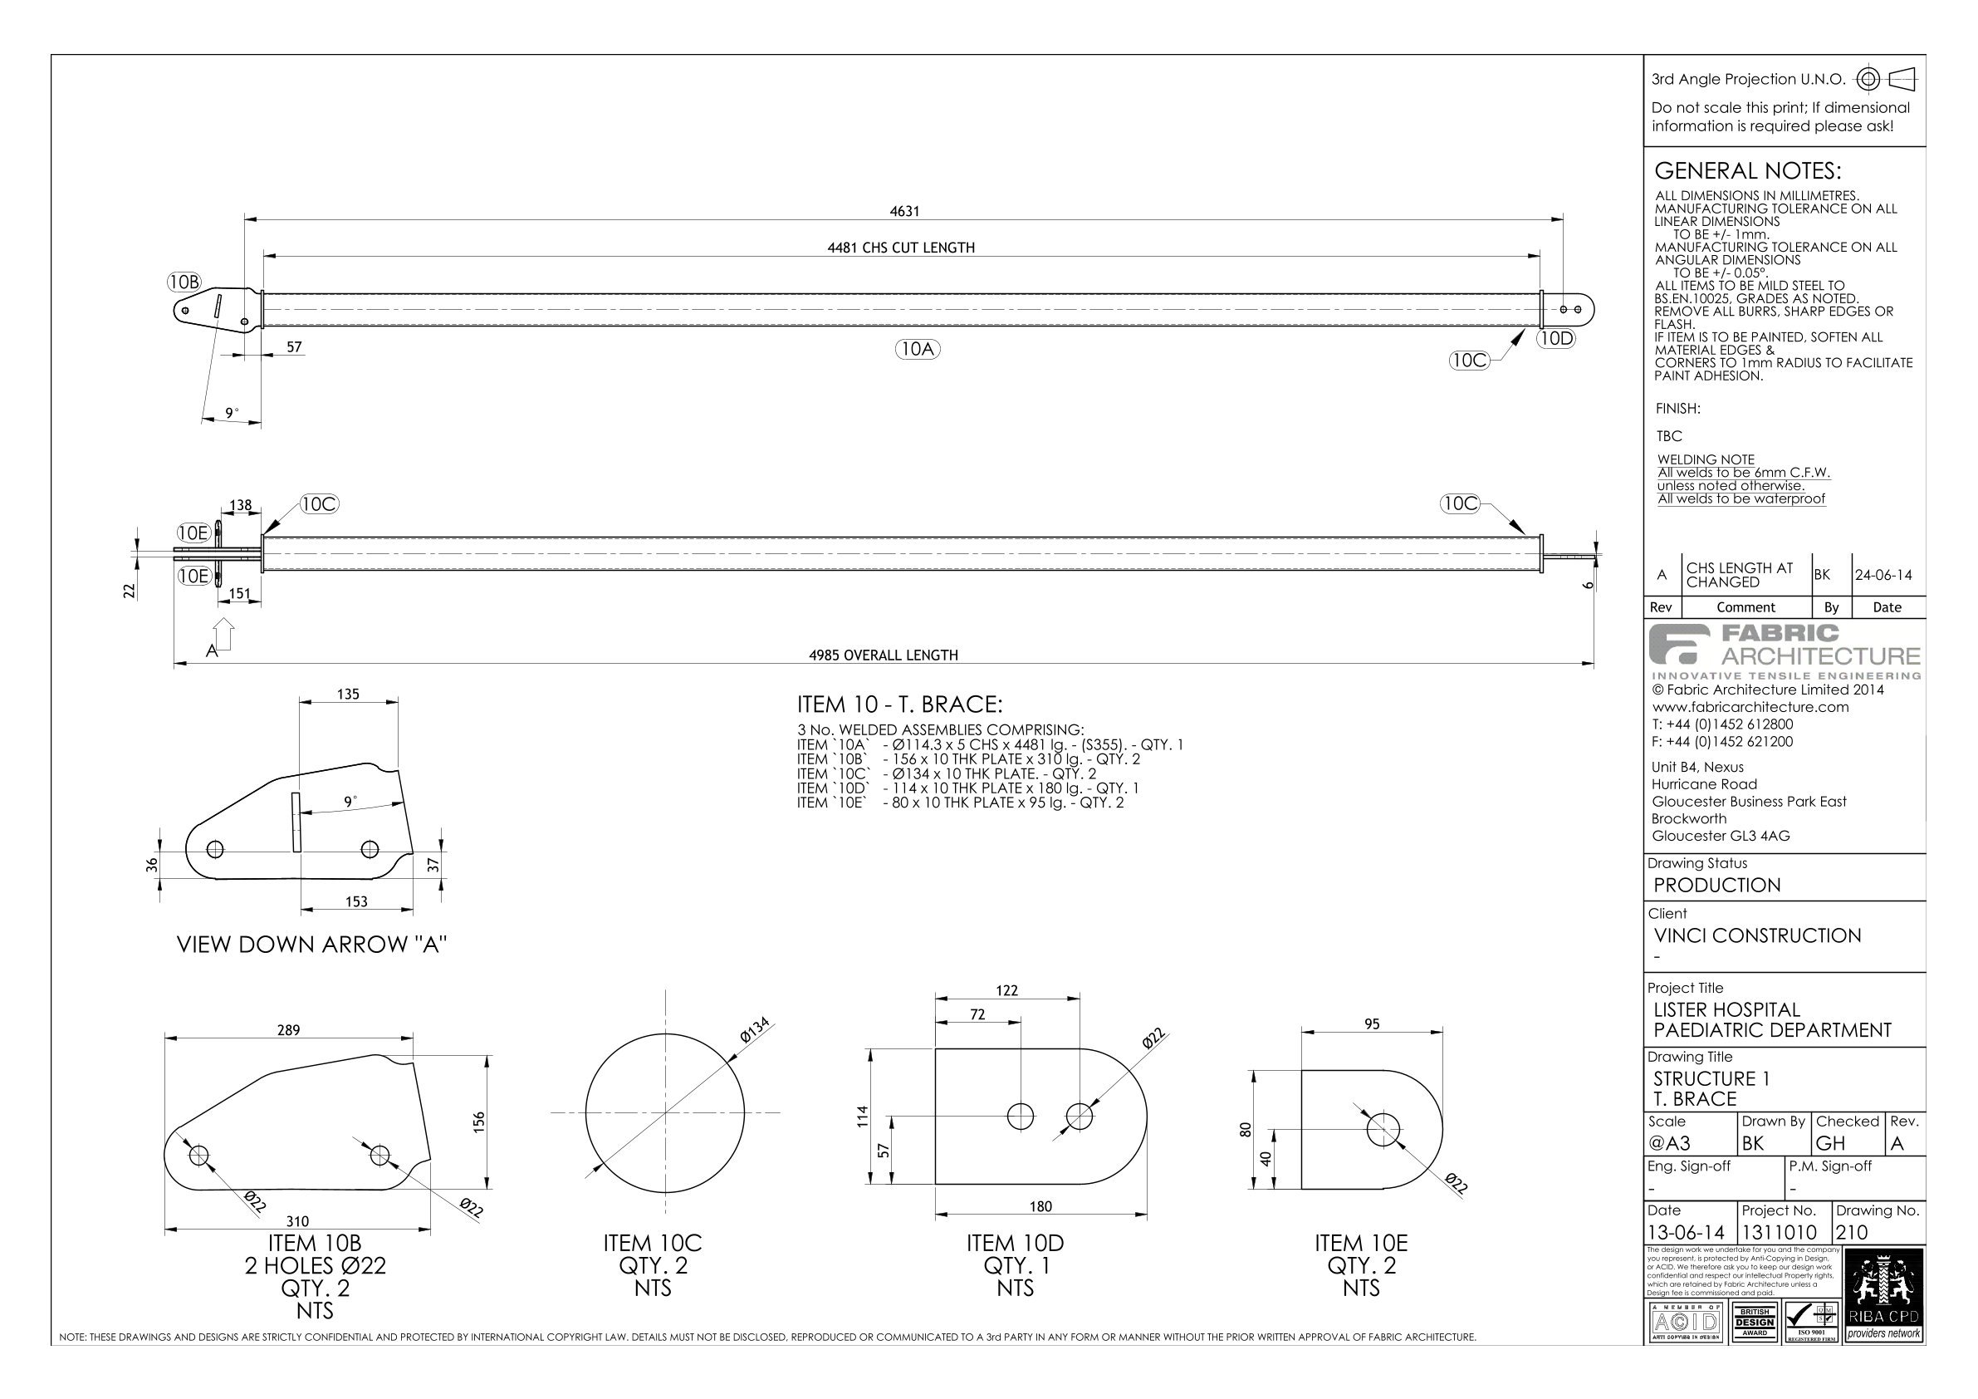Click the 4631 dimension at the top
click(903, 211)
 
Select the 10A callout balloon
click(917, 349)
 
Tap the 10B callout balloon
click(184, 282)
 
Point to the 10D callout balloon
click(1556, 339)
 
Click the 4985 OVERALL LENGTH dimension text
click(883, 655)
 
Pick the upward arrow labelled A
click(223, 635)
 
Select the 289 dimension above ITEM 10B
click(289, 1030)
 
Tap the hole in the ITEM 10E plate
click(1383, 1130)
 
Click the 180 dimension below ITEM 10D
click(1040, 1207)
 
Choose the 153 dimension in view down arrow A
click(355, 901)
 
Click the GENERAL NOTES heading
click(1747, 170)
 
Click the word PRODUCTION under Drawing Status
click(1716, 886)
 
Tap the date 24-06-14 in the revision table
click(1883, 575)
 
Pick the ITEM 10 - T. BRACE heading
click(899, 705)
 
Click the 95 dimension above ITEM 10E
click(1372, 1024)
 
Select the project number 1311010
click(1779, 1233)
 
